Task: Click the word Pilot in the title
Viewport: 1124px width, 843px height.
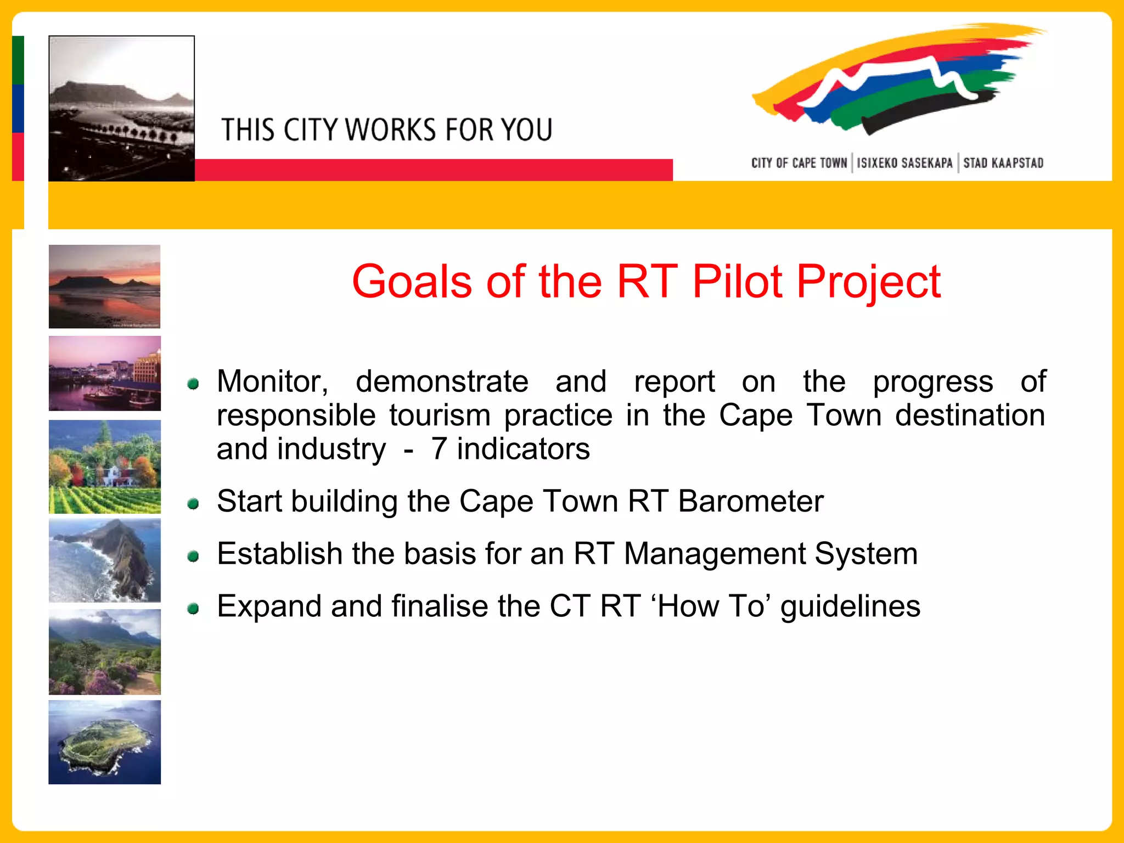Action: pos(737,282)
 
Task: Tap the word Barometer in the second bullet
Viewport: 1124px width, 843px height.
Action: pos(751,502)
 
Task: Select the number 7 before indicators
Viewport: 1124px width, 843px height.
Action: pos(439,449)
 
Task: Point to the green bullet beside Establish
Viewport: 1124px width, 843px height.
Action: pos(193,557)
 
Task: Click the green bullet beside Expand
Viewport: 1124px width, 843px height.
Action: pos(193,609)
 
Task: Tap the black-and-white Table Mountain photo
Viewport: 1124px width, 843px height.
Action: pos(121,109)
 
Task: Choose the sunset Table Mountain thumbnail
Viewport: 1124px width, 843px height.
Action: pos(104,286)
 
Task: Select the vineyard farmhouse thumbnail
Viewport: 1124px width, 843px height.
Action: pos(104,467)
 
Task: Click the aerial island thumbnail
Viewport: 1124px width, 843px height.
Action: pos(104,742)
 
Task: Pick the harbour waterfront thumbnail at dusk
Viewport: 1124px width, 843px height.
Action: pos(104,374)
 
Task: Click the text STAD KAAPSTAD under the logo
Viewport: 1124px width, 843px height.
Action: pos(1003,163)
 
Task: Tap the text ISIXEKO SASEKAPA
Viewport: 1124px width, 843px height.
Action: pos(904,163)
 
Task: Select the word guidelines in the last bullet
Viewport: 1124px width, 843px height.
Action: pos(850,607)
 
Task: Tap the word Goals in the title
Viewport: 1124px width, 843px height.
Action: pos(412,282)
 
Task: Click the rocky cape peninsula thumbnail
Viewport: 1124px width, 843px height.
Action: pos(104,560)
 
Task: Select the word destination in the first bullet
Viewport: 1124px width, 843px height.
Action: pos(970,415)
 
